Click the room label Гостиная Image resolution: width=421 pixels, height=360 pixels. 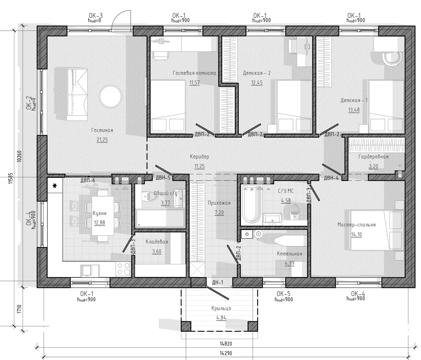coord(102,130)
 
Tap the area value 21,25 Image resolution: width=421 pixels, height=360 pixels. coord(102,140)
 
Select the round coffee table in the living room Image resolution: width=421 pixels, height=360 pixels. coord(111,96)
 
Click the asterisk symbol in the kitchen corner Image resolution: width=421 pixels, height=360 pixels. coord(55,186)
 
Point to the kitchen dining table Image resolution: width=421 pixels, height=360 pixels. coord(103,216)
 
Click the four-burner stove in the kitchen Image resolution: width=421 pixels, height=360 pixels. coord(124,269)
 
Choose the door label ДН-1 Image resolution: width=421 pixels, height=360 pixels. coord(218,282)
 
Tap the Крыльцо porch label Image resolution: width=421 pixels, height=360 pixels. coord(221,308)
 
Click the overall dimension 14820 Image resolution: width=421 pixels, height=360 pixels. coord(226,344)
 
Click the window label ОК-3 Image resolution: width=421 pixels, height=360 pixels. coord(96,15)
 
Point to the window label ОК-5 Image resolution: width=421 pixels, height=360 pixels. coord(283,294)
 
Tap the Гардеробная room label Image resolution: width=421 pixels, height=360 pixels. coord(373,157)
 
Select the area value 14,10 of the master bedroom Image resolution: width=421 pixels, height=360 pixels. coord(356,234)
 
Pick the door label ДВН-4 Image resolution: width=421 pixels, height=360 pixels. coord(331,178)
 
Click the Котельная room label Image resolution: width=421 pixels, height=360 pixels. coord(289,254)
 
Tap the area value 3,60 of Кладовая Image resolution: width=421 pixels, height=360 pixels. coord(157,251)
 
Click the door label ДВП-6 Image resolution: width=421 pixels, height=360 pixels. coord(88,180)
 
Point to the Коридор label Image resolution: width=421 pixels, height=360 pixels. coord(199,157)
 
